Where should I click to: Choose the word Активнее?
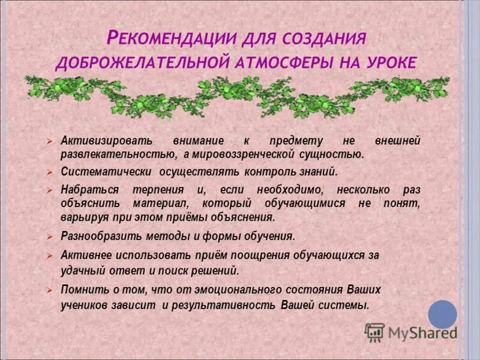point(83,255)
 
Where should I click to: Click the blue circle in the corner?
point(442,314)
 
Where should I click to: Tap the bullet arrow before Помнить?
point(52,290)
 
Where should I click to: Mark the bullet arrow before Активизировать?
point(52,141)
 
